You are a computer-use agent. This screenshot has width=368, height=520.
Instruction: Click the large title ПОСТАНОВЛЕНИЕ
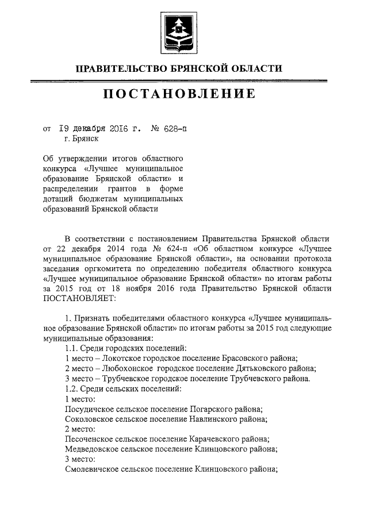tap(179, 95)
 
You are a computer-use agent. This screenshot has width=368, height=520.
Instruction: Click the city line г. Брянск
tap(82, 138)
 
